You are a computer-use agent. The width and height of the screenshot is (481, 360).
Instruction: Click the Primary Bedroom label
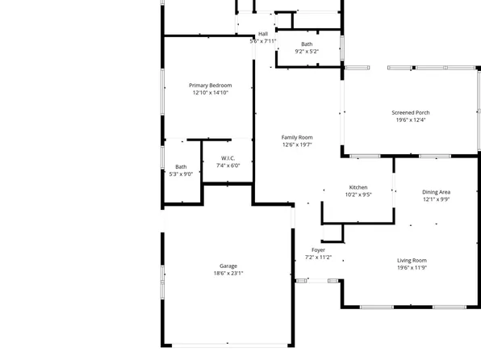211,86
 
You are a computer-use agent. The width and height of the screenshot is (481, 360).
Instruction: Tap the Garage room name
228,266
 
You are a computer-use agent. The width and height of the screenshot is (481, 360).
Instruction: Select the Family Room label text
297,137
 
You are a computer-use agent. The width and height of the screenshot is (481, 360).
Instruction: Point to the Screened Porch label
410,112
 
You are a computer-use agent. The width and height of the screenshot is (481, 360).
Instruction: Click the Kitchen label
358,186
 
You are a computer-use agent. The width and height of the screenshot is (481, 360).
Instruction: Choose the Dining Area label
436,191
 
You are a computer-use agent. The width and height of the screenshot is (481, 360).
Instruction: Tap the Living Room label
412,260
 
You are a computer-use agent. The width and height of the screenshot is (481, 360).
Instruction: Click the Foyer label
318,250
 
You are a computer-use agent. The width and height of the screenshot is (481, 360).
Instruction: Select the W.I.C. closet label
228,157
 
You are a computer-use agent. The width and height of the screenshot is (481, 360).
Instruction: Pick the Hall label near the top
263,34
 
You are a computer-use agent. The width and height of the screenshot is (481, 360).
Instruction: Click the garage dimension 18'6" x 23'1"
228,274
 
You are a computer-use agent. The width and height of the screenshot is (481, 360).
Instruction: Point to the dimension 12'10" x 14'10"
211,93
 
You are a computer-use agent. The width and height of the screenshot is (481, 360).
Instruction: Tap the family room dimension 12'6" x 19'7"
297,145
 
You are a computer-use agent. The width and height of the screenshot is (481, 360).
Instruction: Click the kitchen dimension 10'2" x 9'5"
358,195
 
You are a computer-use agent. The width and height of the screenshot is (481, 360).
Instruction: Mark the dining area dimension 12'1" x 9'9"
436,199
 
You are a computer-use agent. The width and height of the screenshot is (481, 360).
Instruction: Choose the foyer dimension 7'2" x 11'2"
318,258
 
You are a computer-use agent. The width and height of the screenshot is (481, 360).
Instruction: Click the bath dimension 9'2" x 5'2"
307,52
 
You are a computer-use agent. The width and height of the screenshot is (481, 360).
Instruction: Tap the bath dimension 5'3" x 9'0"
181,174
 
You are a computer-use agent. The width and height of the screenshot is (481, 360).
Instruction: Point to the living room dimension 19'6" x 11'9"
412,268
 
